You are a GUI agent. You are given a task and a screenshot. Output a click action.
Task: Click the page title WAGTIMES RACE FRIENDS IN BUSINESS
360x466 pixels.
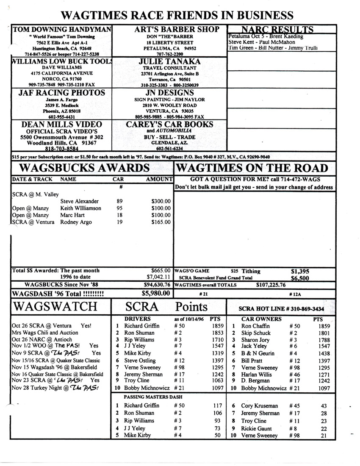(177, 15)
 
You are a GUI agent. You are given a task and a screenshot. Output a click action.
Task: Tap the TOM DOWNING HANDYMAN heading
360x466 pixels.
(62, 30)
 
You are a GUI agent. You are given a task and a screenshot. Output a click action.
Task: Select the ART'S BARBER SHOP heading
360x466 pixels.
(171, 29)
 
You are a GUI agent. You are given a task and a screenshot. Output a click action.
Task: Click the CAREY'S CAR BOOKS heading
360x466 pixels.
(170, 125)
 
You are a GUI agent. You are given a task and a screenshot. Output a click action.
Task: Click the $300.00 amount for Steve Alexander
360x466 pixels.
(161, 201)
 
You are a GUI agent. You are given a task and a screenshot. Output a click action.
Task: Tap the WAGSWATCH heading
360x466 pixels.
(50, 306)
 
